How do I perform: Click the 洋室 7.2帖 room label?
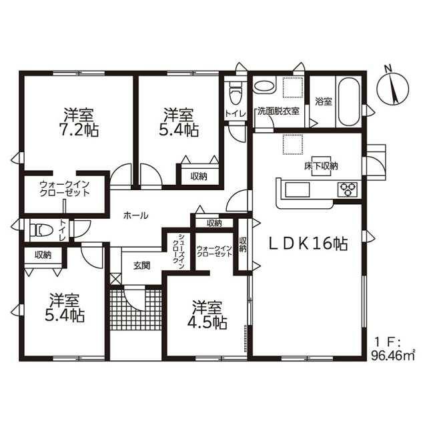tap(79, 122)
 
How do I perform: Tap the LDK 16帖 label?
tap(308, 244)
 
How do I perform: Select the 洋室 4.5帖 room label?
tap(207, 315)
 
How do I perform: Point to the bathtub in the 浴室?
tap(348, 102)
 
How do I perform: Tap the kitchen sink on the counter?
tap(297, 189)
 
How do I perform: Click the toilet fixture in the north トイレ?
tap(235, 93)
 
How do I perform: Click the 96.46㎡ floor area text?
tap(393, 356)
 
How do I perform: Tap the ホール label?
tap(136, 216)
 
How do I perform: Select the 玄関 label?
tap(141, 266)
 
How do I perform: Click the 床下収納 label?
tap(322, 166)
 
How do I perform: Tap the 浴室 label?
tap(324, 101)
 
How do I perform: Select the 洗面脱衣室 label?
tap(279, 111)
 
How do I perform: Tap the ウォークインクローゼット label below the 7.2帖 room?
tap(65, 189)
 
